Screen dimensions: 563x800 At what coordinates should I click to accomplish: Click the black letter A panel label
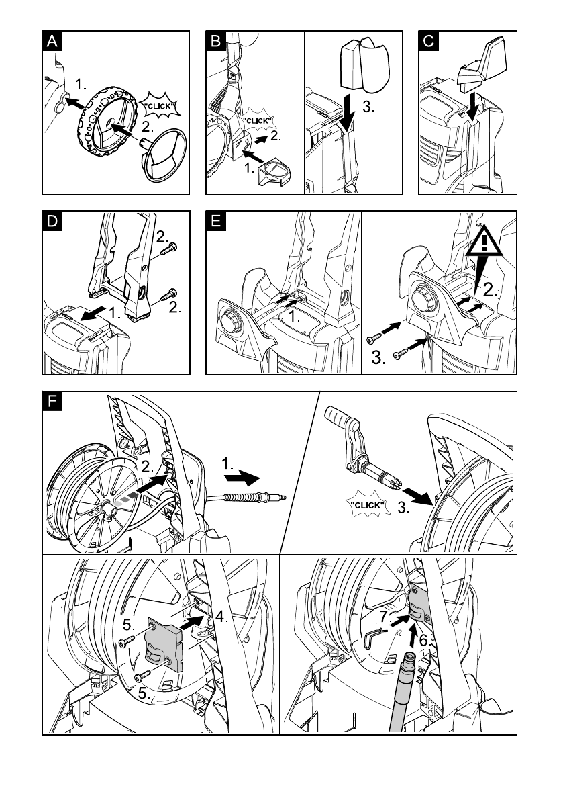[52, 41]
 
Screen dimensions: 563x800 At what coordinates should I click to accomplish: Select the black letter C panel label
[429, 41]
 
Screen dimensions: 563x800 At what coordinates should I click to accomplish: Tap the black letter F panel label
[52, 402]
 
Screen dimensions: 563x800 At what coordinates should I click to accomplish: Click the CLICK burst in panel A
[159, 107]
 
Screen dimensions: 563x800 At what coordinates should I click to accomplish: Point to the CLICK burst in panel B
[257, 122]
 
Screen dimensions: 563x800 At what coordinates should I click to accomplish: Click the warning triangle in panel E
[484, 242]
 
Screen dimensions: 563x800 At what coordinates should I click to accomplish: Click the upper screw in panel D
[168, 249]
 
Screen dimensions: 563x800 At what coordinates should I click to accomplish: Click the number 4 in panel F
[221, 617]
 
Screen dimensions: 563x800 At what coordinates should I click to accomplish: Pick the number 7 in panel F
[385, 617]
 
